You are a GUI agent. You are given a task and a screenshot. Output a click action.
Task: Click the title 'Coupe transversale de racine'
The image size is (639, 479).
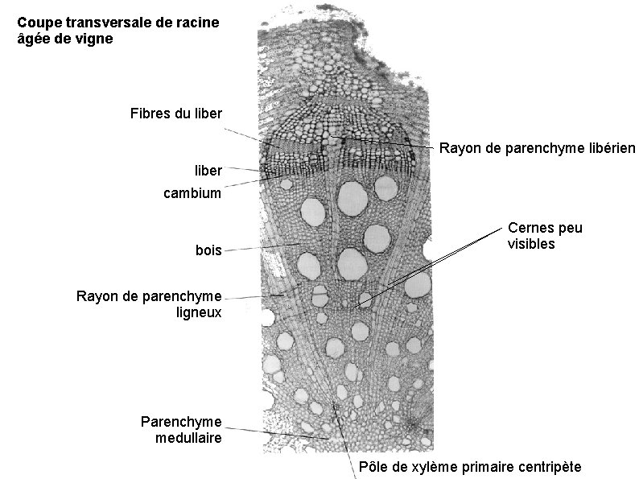(x=117, y=23)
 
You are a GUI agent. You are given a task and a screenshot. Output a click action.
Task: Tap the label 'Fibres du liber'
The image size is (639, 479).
(x=175, y=113)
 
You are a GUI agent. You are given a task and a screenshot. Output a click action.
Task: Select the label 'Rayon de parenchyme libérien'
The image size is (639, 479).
(x=538, y=148)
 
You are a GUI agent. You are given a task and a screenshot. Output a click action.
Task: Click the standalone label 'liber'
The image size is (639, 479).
(x=208, y=171)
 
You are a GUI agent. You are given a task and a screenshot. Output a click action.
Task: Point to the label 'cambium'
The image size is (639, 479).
(x=192, y=193)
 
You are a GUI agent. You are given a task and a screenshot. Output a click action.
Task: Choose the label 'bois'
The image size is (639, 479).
(x=208, y=250)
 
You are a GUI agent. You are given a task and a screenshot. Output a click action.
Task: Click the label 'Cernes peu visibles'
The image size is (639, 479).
(x=545, y=235)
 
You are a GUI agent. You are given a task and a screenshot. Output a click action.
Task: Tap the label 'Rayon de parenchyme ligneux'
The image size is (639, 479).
(x=149, y=304)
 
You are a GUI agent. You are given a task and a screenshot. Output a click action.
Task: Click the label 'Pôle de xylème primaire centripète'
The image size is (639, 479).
(x=470, y=468)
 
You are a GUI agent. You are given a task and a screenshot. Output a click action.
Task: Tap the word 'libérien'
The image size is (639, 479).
(x=610, y=148)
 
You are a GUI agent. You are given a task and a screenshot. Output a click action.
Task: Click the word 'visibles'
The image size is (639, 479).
(x=531, y=243)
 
